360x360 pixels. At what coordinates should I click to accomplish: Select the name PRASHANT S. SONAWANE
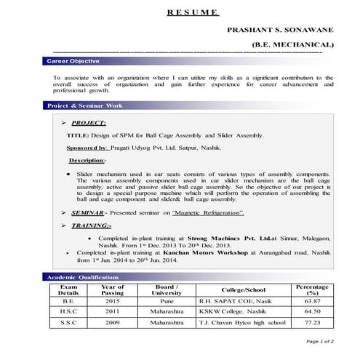pyautogui.click(x=280, y=31)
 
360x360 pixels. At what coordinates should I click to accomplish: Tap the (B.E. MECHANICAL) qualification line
pyautogui.click(x=292, y=45)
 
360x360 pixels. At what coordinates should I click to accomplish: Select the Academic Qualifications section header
pyautogui.click(x=82, y=278)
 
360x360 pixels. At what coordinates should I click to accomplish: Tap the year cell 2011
pyautogui.click(x=112, y=311)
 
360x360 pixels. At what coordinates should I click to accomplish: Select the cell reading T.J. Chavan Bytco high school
pyautogui.click(x=243, y=321)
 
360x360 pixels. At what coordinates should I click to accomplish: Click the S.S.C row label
pyautogui.click(x=68, y=321)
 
